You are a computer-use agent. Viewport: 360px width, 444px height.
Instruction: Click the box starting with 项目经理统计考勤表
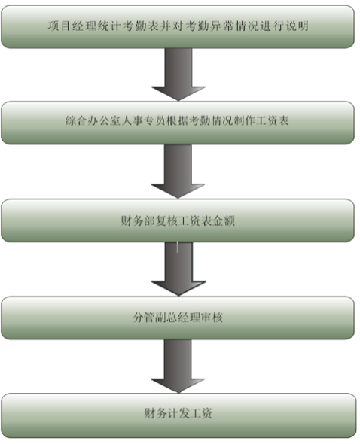(x=178, y=26)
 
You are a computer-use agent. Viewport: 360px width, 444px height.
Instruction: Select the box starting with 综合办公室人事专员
(x=178, y=123)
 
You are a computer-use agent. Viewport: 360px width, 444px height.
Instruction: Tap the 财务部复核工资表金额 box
(x=178, y=220)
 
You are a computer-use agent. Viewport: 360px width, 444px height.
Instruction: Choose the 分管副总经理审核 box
(x=178, y=318)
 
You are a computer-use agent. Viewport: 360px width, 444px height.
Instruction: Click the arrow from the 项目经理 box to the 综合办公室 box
(x=178, y=75)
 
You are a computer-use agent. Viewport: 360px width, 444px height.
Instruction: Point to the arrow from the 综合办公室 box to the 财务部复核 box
(x=178, y=172)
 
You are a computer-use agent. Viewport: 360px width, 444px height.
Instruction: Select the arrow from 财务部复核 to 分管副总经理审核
(x=178, y=269)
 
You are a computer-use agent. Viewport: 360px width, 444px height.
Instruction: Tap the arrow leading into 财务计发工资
(x=178, y=366)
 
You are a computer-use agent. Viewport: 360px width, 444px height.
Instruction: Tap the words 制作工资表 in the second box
(x=261, y=121)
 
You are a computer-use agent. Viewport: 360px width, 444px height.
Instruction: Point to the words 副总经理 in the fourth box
(x=178, y=318)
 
